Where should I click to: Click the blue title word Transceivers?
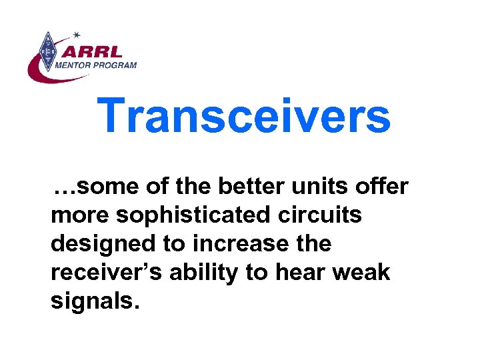pyautogui.click(x=244, y=115)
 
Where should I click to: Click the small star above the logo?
pyautogui.click(x=76, y=33)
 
